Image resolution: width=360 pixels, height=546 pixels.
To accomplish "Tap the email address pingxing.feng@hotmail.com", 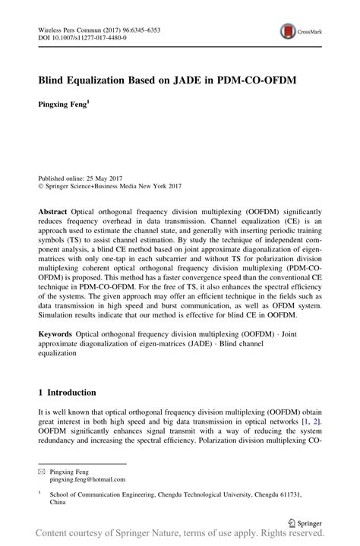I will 87,480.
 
